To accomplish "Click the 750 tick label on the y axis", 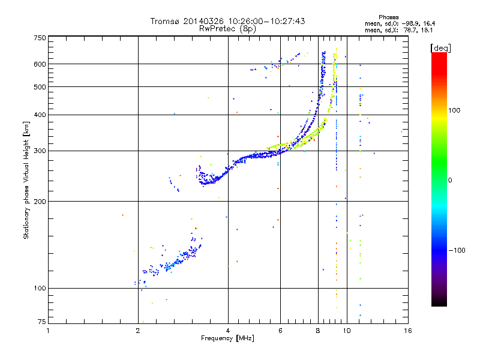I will coord(40,37).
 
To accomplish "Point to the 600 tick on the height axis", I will coord(40,64).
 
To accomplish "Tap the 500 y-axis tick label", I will coord(40,87).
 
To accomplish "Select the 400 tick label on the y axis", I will coord(40,115).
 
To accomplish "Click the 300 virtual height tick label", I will coord(40,151).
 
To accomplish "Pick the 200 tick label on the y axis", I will coord(40,202).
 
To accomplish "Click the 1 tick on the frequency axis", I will coord(48,331).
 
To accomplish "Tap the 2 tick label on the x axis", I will coord(138,331).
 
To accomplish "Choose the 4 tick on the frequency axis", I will coord(228,331).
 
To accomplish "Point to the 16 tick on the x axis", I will coord(407,331).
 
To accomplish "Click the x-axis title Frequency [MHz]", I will coord(228,339).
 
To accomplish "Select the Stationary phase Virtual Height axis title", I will coord(26,180).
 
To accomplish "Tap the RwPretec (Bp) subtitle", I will coord(227,28).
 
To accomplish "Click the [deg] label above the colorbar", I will coord(441,47).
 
